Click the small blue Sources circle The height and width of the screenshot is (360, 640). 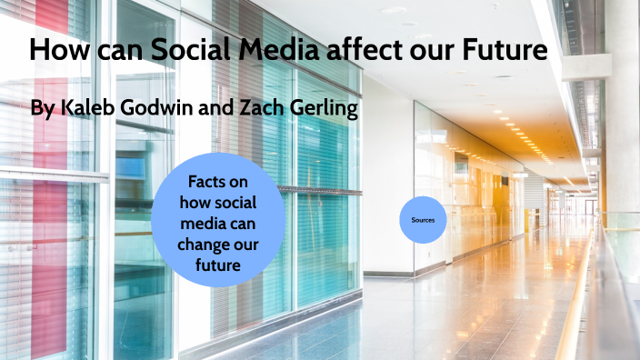click(423, 220)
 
